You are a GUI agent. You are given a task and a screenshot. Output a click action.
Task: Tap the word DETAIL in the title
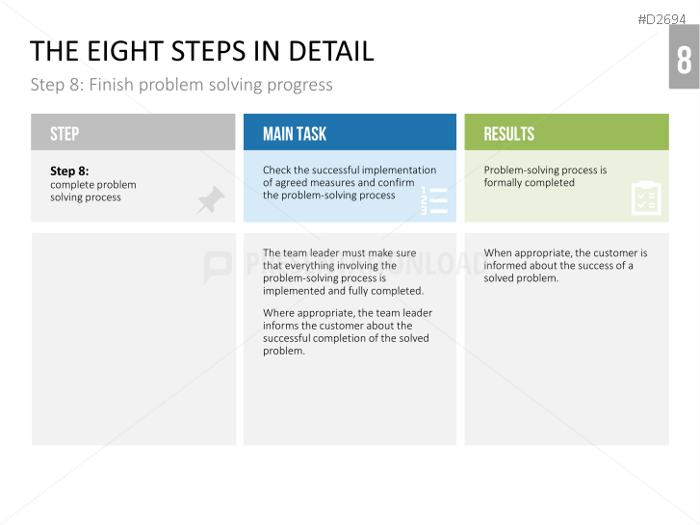pos(331,51)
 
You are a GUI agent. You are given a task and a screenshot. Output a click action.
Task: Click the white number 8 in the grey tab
pos(684,60)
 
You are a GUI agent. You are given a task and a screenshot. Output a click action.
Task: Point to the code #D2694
pos(661,19)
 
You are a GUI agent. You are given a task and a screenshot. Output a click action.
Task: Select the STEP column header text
pos(65,134)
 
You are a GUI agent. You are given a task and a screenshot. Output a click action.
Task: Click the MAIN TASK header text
pos(295,134)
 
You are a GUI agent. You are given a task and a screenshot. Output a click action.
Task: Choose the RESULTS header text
pos(509,134)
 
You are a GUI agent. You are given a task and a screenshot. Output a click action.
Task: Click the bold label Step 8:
pos(69,171)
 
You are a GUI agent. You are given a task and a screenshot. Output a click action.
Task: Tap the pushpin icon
pos(211,199)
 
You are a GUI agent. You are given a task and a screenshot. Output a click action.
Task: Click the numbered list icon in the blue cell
pos(434,200)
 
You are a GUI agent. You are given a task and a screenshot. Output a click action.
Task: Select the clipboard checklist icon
pos(646,197)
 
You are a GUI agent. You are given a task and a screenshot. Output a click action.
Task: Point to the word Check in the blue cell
pos(276,170)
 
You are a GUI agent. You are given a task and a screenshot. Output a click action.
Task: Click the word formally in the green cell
pos(503,183)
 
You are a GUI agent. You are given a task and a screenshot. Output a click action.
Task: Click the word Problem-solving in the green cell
pos(521,170)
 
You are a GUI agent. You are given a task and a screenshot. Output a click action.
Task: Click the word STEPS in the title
pos(208,51)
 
